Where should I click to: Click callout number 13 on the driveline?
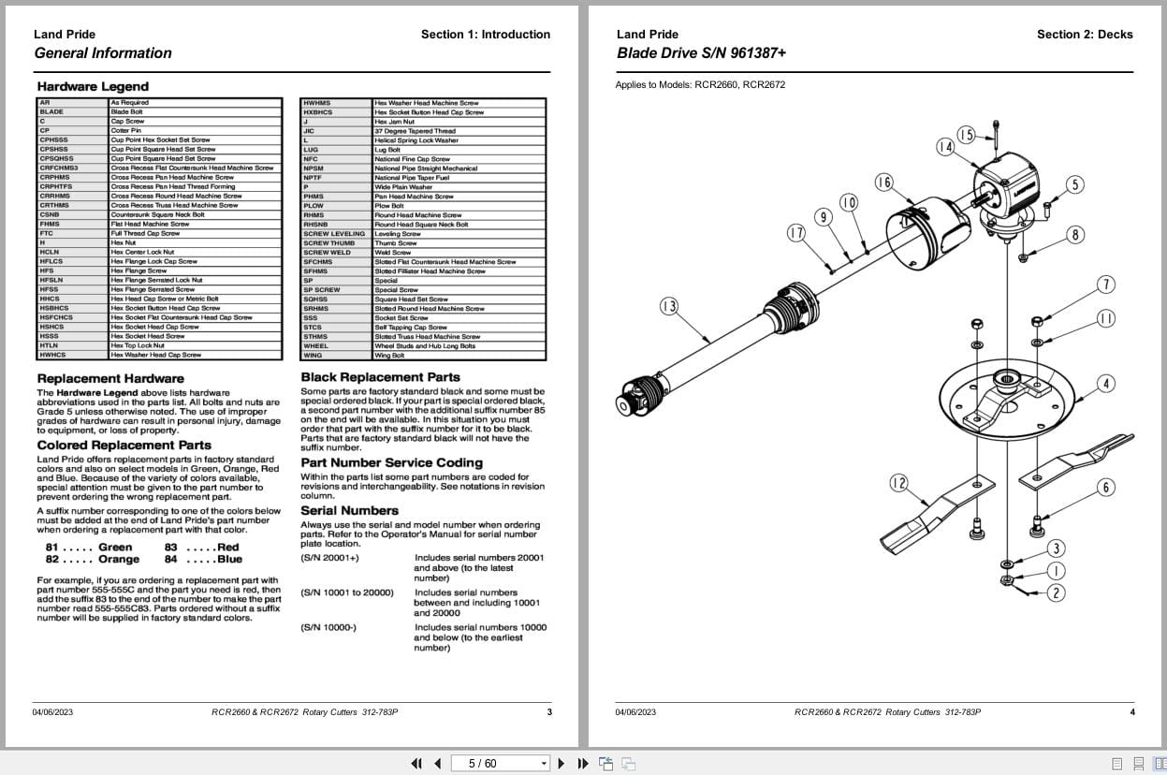tap(669, 306)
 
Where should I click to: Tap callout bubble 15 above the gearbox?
tap(966, 136)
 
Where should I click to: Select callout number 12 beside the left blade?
tap(898, 483)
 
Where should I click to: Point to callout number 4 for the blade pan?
tap(1106, 384)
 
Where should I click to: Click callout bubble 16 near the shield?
tap(883, 183)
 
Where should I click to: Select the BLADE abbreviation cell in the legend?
tap(52, 111)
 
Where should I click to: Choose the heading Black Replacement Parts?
tap(380, 377)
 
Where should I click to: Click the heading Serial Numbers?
tap(349, 511)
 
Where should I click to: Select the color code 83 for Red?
tap(171, 548)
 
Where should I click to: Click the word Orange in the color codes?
tap(119, 560)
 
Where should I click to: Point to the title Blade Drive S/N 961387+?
tap(701, 53)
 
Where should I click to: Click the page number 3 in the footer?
tap(549, 712)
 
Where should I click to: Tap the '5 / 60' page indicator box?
tap(499, 763)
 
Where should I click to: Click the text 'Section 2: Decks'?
tap(1084, 35)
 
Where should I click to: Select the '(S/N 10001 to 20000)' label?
tap(347, 592)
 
